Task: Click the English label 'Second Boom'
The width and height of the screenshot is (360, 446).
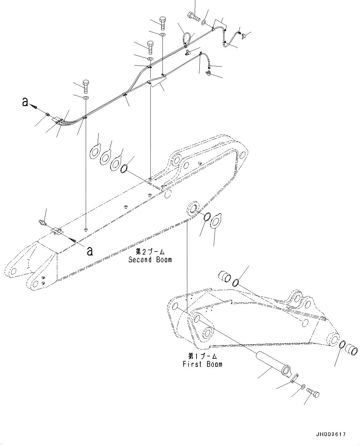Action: point(150,259)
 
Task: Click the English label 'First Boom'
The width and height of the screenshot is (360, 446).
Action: point(202,364)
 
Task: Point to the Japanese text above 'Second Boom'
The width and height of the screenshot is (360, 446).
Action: point(150,251)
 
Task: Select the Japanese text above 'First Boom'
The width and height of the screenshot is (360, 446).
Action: point(202,356)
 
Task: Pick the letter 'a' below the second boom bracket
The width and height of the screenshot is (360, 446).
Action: point(89,251)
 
